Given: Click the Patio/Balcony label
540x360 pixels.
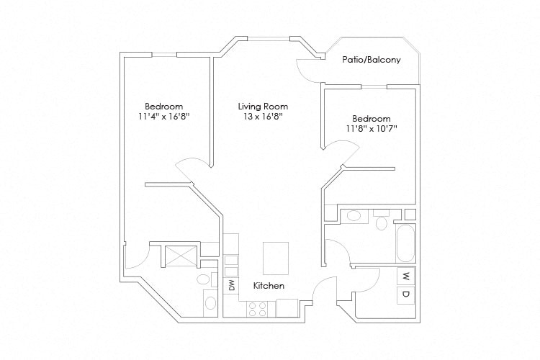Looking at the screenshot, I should click(371, 60).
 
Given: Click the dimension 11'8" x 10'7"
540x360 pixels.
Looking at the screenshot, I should click(372, 129).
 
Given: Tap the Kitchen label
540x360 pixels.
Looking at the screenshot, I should click(269, 286).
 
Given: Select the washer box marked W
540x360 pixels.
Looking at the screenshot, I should click(405, 276).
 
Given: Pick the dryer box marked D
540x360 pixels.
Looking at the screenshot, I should click(405, 294).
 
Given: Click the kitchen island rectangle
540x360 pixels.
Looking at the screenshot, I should click(275, 258).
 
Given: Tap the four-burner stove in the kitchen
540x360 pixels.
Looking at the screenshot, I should click(258, 307).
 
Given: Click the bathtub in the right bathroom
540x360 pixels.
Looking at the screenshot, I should click(405, 244).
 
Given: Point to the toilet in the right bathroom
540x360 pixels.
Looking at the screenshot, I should click(381, 222).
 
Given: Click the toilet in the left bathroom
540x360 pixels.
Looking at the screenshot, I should click(204, 279).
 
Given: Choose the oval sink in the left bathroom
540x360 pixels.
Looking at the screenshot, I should click(210, 302).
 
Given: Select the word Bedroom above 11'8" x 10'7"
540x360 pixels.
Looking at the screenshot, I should click(372, 119).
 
